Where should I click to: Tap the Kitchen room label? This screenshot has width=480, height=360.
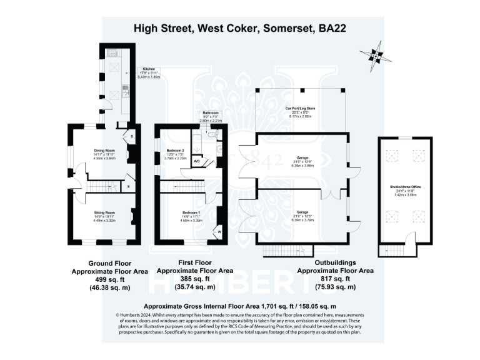149,69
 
